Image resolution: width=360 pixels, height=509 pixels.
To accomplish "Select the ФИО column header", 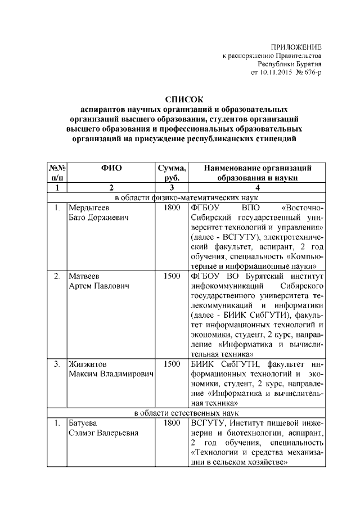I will [111, 168].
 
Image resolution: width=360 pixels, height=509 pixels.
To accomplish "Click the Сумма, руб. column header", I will [172, 172].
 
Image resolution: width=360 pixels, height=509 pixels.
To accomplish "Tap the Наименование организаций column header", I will [258, 168].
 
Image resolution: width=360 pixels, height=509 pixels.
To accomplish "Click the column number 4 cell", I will [258, 187].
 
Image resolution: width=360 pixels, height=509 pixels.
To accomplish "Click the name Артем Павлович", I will [99, 286].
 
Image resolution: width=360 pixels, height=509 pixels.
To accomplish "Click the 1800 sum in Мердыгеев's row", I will [172, 208].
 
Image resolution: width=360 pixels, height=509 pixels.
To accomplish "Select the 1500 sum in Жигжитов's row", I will [172, 364].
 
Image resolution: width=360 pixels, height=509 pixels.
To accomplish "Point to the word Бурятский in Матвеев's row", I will [260, 276].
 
